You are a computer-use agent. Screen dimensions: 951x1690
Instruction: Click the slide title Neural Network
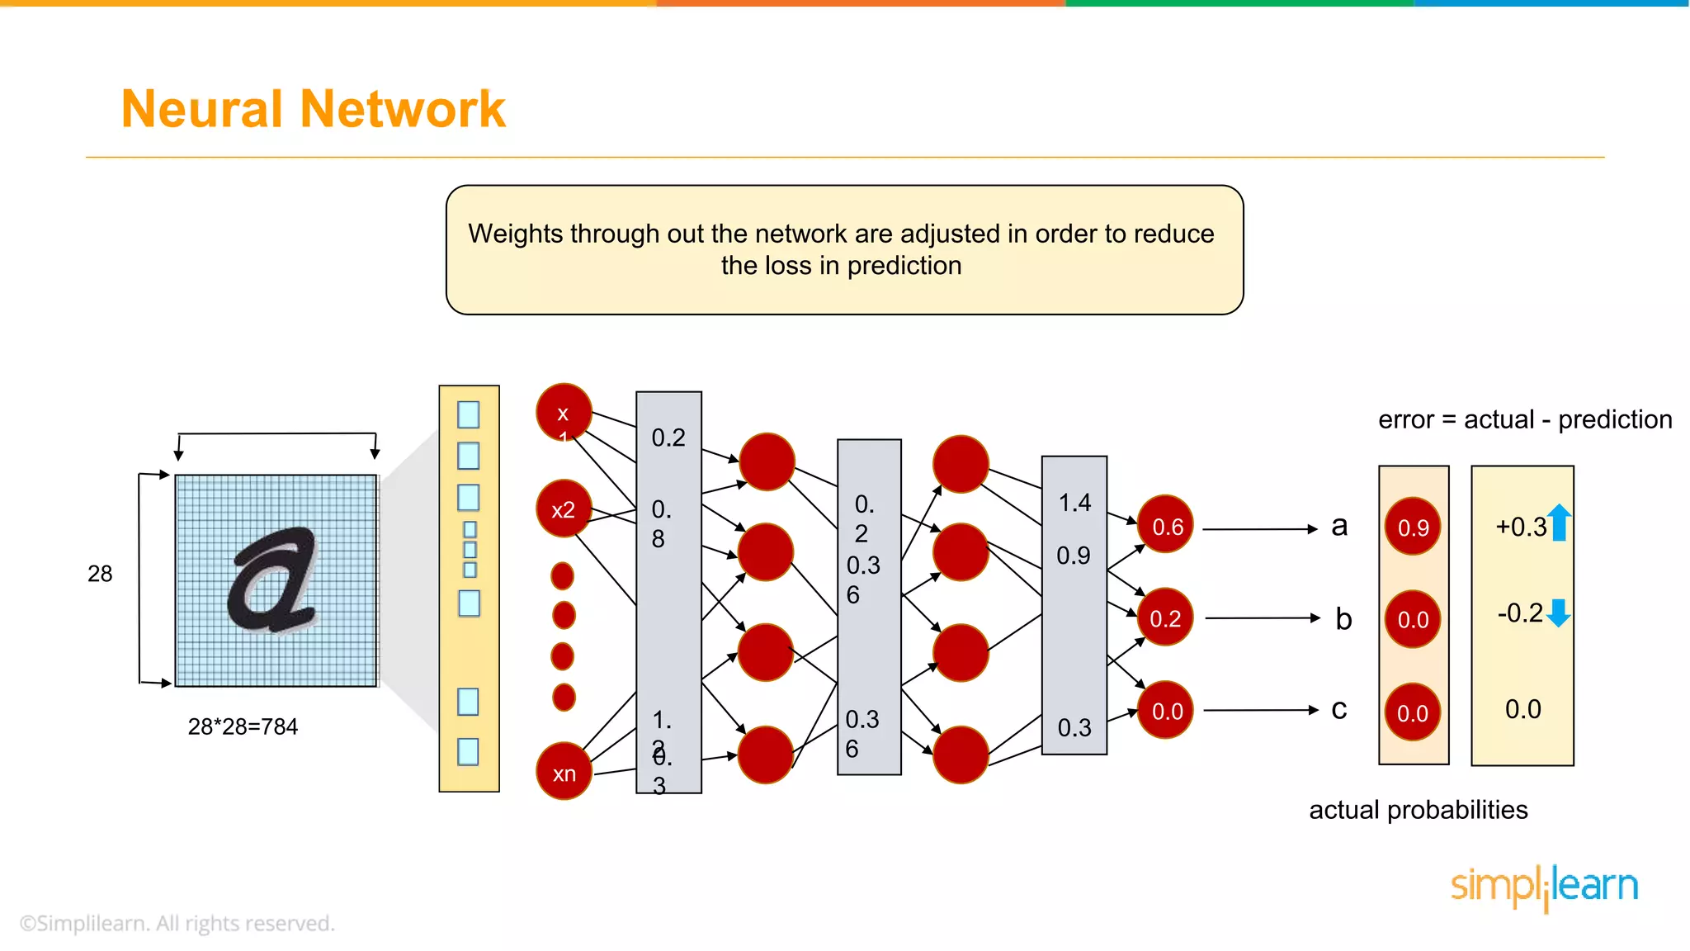coord(313,109)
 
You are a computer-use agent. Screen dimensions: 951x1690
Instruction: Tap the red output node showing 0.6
coord(1165,526)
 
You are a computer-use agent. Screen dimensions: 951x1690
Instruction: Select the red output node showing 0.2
coord(1165,617)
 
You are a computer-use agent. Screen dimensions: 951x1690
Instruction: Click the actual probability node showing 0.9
coord(1413,527)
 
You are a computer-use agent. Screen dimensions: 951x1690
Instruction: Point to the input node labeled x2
coord(564,509)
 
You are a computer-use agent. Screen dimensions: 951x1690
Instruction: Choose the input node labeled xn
coord(564,773)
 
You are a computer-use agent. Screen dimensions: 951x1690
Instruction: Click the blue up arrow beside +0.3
coord(1559,523)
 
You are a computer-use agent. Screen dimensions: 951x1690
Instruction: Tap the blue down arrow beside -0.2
coord(1558,613)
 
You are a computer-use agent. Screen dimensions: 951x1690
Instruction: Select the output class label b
coord(1343,618)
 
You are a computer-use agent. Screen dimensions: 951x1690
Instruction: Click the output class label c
coord(1338,709)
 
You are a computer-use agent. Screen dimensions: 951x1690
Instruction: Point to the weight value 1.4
coord(1074,502)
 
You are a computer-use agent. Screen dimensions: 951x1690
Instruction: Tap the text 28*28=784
coord(243,726)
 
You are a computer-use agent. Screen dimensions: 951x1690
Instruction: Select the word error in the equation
coord(1406,419)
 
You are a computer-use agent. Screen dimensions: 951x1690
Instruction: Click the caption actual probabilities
coord(1418,810)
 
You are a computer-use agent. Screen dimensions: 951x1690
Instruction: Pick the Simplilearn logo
coord(1544,887)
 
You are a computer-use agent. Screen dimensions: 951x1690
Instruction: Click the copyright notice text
coord(177,923)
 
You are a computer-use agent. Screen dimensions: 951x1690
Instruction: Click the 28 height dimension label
coord(100,574)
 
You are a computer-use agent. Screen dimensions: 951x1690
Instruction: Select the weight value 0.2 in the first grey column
coord(668,438)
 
